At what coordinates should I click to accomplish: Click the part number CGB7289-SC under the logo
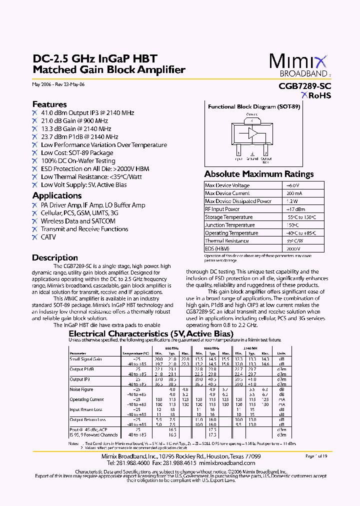pyautogui.click(x=304, y=86)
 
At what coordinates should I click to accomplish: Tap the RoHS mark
pyautogui.click(x=316, y=96)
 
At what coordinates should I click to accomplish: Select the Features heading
pyautogui.click(x=49, y=104)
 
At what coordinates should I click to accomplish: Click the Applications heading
pyautogui.click(x=57, y=195)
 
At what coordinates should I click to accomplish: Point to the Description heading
pyautogui.click(x=55, y=257)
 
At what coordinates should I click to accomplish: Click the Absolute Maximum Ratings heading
pyautogui.click(x=259, y=174)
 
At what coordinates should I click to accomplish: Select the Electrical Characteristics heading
pyautogui.click(x=150, y=333)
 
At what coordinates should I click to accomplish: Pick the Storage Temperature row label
pyautogui.click(x=228, y=217)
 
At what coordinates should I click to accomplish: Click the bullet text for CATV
pyautogui.click(x=48, y=237)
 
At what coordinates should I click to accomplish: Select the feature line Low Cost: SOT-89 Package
pyautogui.click(x=77, y=153)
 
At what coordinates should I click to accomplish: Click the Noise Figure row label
pyautogui.click(x=81, y=389)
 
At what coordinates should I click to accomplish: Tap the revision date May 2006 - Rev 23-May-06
pyautogui.click(x=58, y=84)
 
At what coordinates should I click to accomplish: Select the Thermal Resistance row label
pyautogui.click(x=226, y=241)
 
